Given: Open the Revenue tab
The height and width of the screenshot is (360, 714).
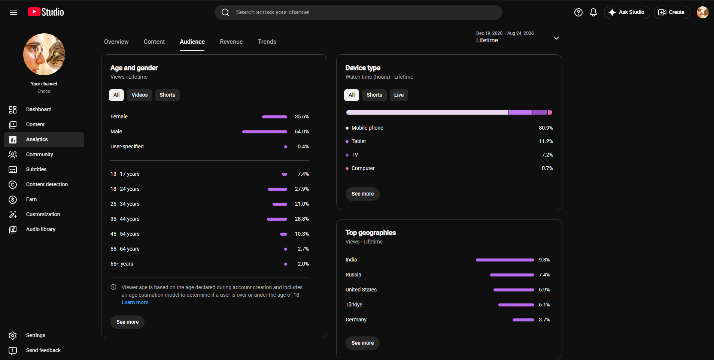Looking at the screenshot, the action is tap(231, 42).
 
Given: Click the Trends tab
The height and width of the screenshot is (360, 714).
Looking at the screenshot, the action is tap(267, 42).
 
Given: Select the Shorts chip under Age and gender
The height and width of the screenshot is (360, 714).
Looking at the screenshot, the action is tap(167, 95).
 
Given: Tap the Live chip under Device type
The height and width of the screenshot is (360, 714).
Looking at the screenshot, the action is tap(399, 95).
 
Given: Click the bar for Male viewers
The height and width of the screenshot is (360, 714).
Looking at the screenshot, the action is tap(265, 132).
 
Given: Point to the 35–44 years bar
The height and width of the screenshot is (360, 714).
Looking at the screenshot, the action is tap(277, 219).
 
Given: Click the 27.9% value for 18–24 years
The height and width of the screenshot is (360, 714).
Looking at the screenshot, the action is tap(302, 189).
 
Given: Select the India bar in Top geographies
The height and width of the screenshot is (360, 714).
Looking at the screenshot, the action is tap(505, 260).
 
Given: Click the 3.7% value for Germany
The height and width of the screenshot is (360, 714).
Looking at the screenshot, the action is tap(544, 320).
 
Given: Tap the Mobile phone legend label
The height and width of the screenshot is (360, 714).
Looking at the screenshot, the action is tap(367, 128).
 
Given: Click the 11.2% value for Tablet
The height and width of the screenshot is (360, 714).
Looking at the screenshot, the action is tap(546, 141).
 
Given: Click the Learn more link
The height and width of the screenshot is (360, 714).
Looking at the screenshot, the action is tap(135, 302).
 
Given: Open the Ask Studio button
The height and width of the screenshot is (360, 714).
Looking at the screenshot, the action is tap(627, 12).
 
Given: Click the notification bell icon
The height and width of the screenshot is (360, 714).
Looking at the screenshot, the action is tap(593, 12).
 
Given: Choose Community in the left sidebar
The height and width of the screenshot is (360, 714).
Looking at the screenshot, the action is tap(39, 154).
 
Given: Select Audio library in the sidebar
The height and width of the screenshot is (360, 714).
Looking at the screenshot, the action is tap(41, 229).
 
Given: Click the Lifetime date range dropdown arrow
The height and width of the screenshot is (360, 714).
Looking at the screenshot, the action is tap(556, 38).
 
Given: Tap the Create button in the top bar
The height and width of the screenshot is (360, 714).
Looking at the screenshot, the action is tap(672, 12).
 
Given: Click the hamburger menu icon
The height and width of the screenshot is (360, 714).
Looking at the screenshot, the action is tap(13, 12).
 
